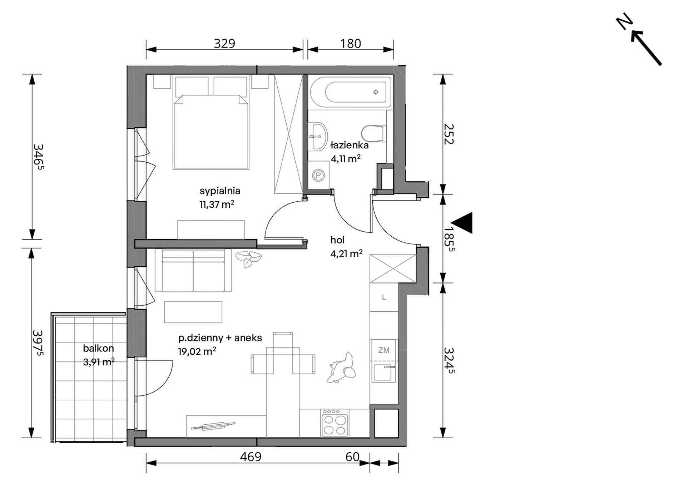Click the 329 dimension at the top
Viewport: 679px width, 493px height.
tap(224, 43)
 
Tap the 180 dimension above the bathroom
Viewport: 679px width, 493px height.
tap(351, 43)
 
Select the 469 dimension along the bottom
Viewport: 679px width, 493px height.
tap(251, 457)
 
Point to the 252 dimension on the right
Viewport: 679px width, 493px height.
tap(448, 134)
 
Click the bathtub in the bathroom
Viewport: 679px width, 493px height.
tap(351, 92)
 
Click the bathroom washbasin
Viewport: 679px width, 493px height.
tap(318, 136)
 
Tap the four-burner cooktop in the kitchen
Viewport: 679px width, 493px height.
tap(334, 423)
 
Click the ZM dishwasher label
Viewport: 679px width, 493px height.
tap(384, 350)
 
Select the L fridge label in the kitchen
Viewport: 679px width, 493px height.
tap(384, 297)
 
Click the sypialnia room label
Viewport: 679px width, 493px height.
tap(220, 191)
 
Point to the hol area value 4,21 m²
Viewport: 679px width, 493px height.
tap(346, 254)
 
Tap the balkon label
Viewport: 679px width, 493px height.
tap(98, 348)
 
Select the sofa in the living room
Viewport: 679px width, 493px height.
tap(193, 271)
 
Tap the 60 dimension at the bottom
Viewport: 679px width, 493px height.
tap(352, 457)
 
